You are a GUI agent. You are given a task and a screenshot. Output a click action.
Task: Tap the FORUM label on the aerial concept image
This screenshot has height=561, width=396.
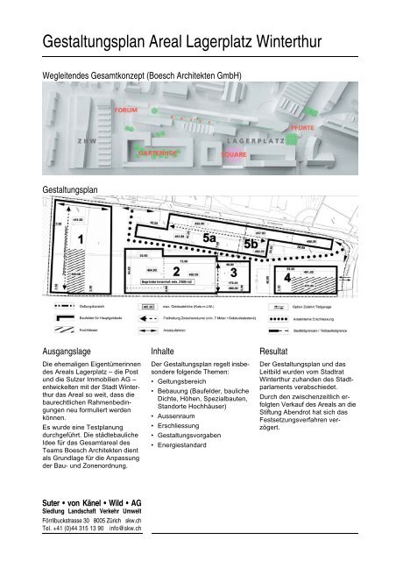[127, 110]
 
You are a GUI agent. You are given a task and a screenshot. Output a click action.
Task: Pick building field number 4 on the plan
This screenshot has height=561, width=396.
[287, 277]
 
